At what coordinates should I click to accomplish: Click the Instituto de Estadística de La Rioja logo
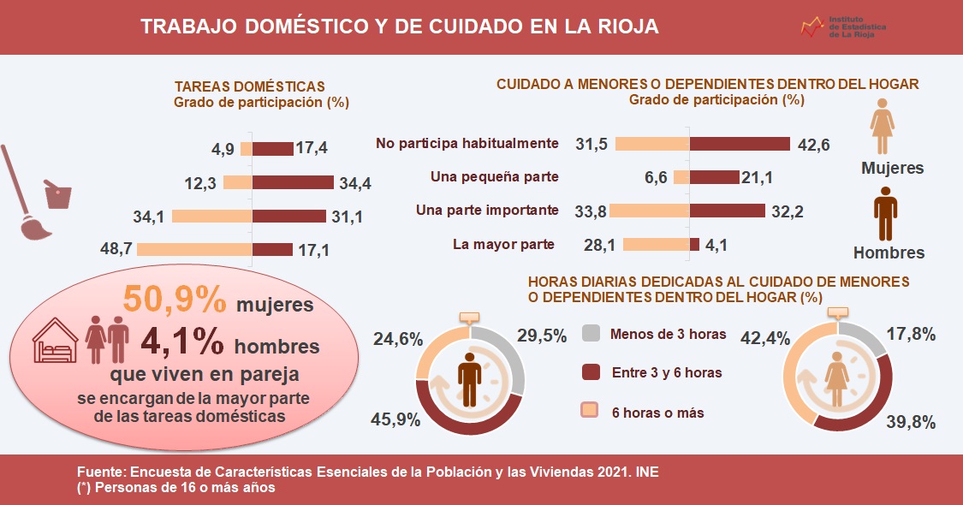tap(842, 28)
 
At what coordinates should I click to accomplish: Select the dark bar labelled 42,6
tap(740, 144)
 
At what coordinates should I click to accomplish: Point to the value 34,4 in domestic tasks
tap(354, 183)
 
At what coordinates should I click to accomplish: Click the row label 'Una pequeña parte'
tap(495, 177)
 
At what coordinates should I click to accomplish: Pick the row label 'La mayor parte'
tap(503, 245)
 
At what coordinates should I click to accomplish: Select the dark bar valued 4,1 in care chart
tap(694, 245)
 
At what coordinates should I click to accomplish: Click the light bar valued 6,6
tap(681, 177)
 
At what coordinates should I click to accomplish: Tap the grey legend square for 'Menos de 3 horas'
tap(591, 333)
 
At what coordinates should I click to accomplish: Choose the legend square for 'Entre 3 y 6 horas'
tap(591, 372)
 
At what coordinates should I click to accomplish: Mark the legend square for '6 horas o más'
tap(591, 412)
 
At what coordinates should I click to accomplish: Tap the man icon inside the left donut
tap(469, 379)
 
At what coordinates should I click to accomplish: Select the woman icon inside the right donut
tap(837, 379)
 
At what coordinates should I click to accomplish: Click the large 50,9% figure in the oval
tap(175, 299)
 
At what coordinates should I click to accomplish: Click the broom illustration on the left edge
tap(24, 197)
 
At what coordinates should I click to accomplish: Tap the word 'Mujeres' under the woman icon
tap(891, 168)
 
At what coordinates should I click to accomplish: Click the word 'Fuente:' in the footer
tap(101, 472)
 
